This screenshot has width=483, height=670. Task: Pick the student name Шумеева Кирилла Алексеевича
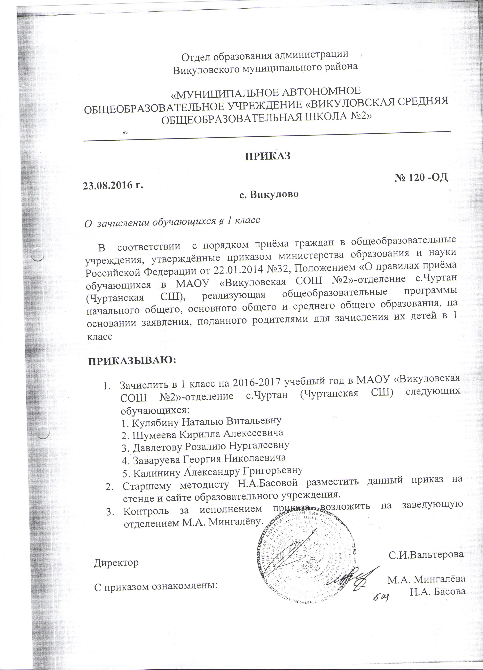tap(202, 433)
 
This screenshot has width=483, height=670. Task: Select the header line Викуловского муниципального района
tap(265, 67)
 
